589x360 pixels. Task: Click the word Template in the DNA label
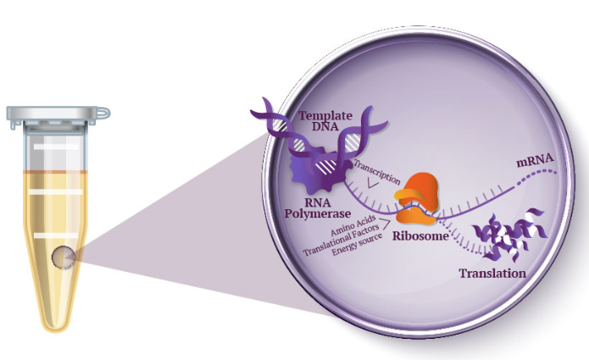coord(325,115)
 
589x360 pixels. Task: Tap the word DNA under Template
coord(325,126)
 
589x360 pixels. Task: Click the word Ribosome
coord(420,235)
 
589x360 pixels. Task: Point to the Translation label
coord(492,273)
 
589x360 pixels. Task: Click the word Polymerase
coord(318,213)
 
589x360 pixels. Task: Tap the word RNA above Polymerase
coord(318,202)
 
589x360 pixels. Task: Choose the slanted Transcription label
coord(377,172)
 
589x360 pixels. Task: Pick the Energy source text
coord(357,245)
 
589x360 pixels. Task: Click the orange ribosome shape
coord(416,198)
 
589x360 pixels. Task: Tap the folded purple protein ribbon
coord(509,234)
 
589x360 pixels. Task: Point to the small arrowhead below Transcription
coord(373,184)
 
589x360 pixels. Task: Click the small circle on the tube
coord(63,258)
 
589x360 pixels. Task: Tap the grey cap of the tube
coord(56,114)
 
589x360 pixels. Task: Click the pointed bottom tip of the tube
coord(56,330)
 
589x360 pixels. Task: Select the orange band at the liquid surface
coord(56,172)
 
